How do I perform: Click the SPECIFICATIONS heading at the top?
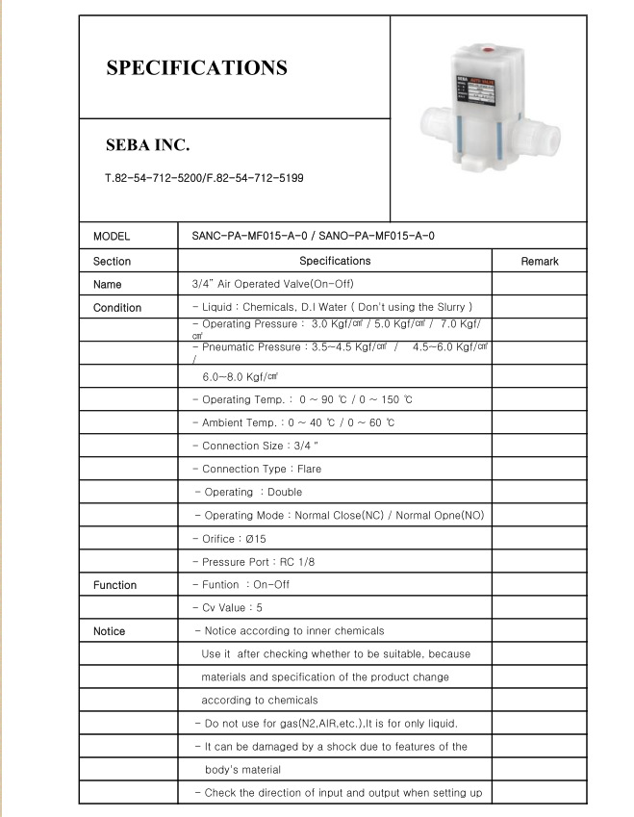coord(196,68)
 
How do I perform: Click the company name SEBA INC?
coord(147,146)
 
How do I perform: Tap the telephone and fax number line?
coord(204,179)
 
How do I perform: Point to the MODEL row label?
coord(112,237)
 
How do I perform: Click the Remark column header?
coord(539,261)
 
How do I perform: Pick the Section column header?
coord(112,261)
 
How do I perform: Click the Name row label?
coord(108,285)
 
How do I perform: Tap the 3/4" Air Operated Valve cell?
coord(272,285)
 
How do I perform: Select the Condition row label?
coord(117,308)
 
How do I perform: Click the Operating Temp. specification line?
coord(302,399)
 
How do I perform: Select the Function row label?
coord(114,585)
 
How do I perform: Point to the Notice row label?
coord(109,631)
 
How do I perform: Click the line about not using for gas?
coord(325,723)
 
